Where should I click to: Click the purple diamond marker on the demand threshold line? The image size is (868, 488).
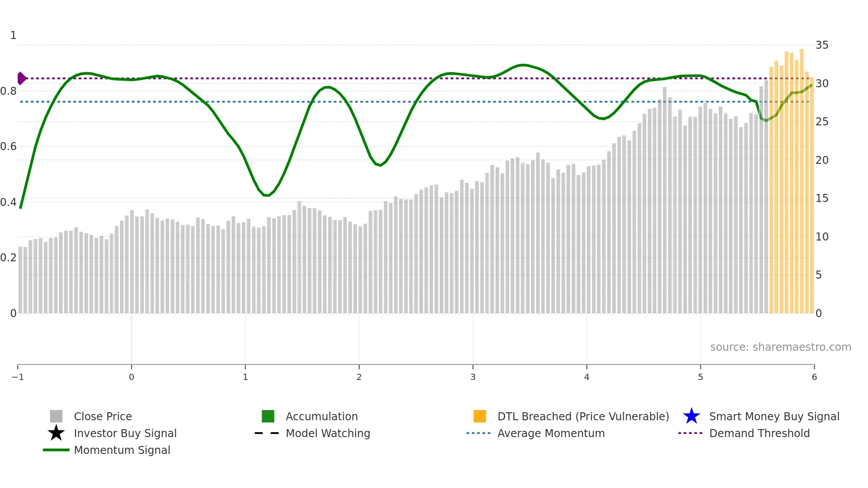click(x=21, y=78)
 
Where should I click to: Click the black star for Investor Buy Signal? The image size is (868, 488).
click(x=56, y=433)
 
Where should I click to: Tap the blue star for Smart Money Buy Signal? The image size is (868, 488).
click(x=691, y=416)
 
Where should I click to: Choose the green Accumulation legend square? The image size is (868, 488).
click(x=268, y=416)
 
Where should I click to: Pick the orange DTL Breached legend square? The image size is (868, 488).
click(x=480, y=416)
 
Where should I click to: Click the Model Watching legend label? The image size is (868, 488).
click(x=328, y=433)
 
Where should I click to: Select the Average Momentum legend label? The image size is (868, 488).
click(x=551, y=433)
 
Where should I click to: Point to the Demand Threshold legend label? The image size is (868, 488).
click(x=759, y=433)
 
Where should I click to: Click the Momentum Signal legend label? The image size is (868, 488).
click(x=122, y=450)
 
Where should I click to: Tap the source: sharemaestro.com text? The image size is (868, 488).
click(x=780, y=347)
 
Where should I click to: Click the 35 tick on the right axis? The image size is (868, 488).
click(x=822, y=45)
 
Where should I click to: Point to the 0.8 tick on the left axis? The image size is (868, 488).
click(x=8, y=91)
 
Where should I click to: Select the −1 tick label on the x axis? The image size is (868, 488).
click(x=18, y=377)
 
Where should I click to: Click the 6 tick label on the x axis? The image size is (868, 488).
click(x=814, y=377)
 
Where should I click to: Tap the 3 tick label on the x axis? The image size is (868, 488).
click(x=473, y=377)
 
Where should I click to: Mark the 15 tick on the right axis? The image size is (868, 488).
click(x=822, y=198)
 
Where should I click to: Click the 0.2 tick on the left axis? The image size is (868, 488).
click(x=8, y=258)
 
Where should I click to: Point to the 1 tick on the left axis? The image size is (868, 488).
click(x=13, y=35)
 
